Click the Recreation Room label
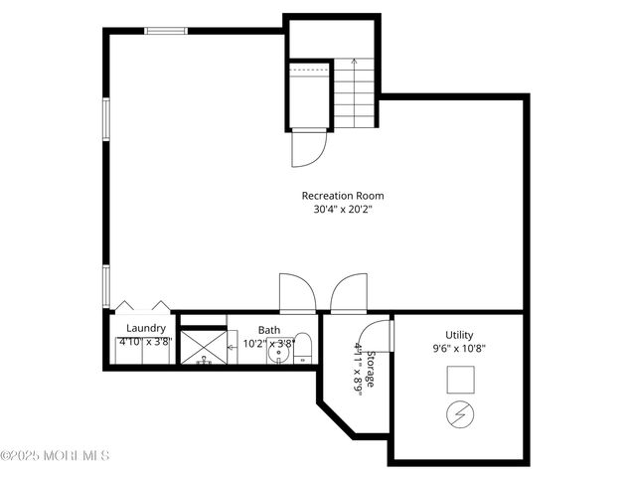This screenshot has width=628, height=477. [x=343, y=196]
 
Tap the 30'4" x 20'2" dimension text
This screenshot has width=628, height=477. [x=343, y=210]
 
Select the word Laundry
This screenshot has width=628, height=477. [x=145, y=328]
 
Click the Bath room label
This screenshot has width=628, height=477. [x=269, y=330]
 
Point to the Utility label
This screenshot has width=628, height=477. [x=459, y=335]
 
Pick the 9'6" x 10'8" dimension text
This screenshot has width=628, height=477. [x=459, y=349]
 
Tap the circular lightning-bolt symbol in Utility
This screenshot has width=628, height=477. [x=460, y=414]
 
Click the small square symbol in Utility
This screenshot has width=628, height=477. [x=460, y=380]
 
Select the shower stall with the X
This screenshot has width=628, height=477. [x=203, y=347]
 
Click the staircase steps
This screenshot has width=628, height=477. [x=356, y=93]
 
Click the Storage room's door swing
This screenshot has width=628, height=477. [x=373, y=335]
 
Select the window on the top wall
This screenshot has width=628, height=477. [x=166, y=31]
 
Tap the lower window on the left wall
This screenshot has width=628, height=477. [x=105, y=285]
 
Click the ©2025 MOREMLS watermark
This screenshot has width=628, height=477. [x=55, y=456]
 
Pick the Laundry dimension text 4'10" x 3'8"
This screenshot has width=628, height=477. [x=145, y=343]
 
